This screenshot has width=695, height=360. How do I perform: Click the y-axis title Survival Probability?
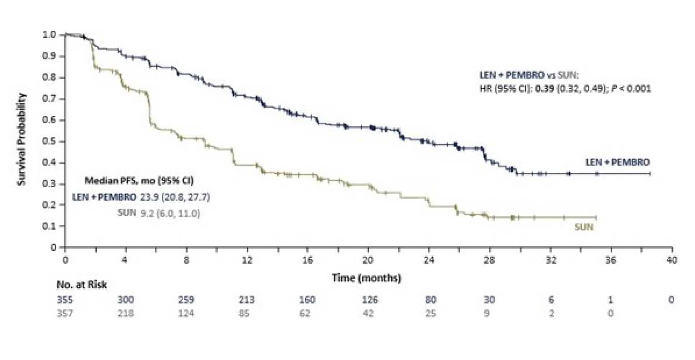[22, 139]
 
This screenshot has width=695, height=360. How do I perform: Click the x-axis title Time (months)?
[367, 277]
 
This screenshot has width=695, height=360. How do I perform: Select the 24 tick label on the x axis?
[429, 260]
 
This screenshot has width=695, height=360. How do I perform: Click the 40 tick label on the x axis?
[671, 260]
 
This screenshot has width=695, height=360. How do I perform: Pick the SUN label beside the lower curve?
[584, 227]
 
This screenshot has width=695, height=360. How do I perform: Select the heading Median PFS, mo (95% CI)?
[139, 181]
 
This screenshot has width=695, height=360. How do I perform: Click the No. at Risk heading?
[82, 285]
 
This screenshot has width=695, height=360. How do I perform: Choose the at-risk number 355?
[65, 300]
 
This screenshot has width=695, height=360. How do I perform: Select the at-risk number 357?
[65, 313]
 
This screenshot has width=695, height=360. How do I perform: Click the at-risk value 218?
[126, 313]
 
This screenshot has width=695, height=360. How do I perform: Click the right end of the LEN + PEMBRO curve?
[650, 174]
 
